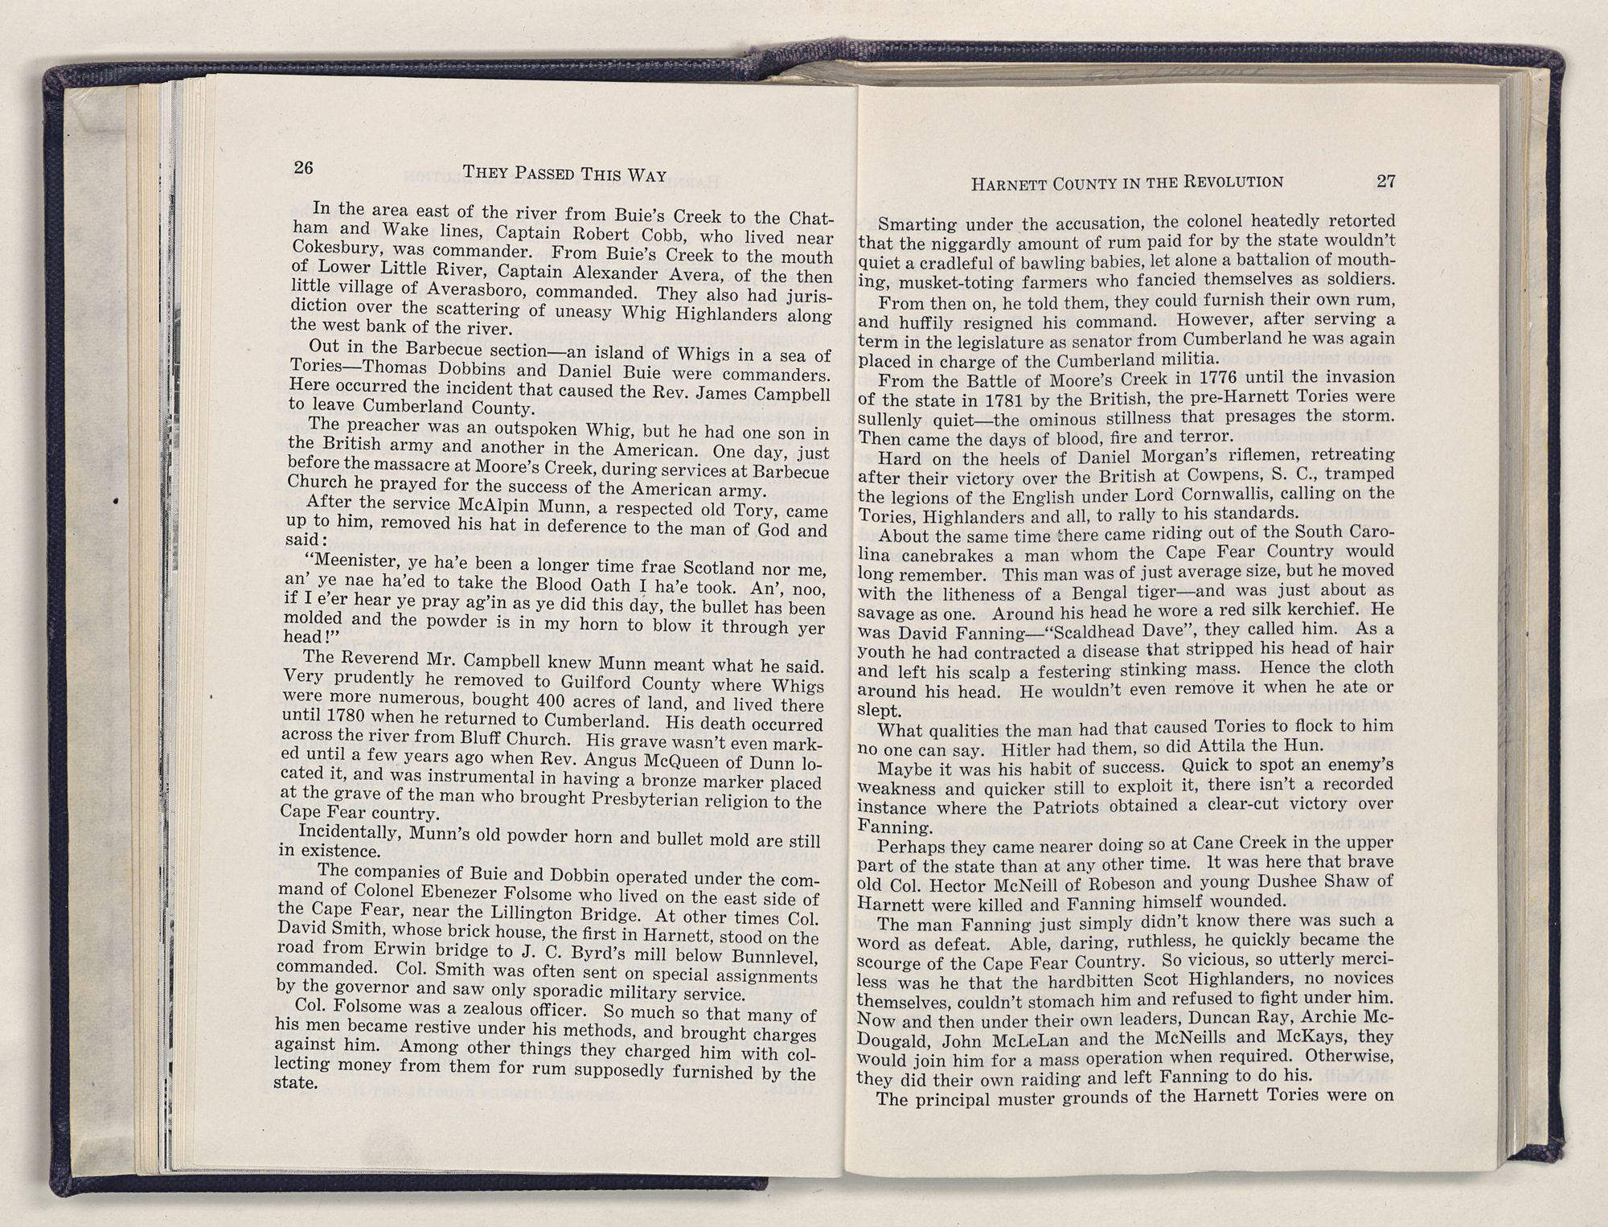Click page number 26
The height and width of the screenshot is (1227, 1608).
(x=303, y=167)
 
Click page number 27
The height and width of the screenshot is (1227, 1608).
(x=1385, y=181)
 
